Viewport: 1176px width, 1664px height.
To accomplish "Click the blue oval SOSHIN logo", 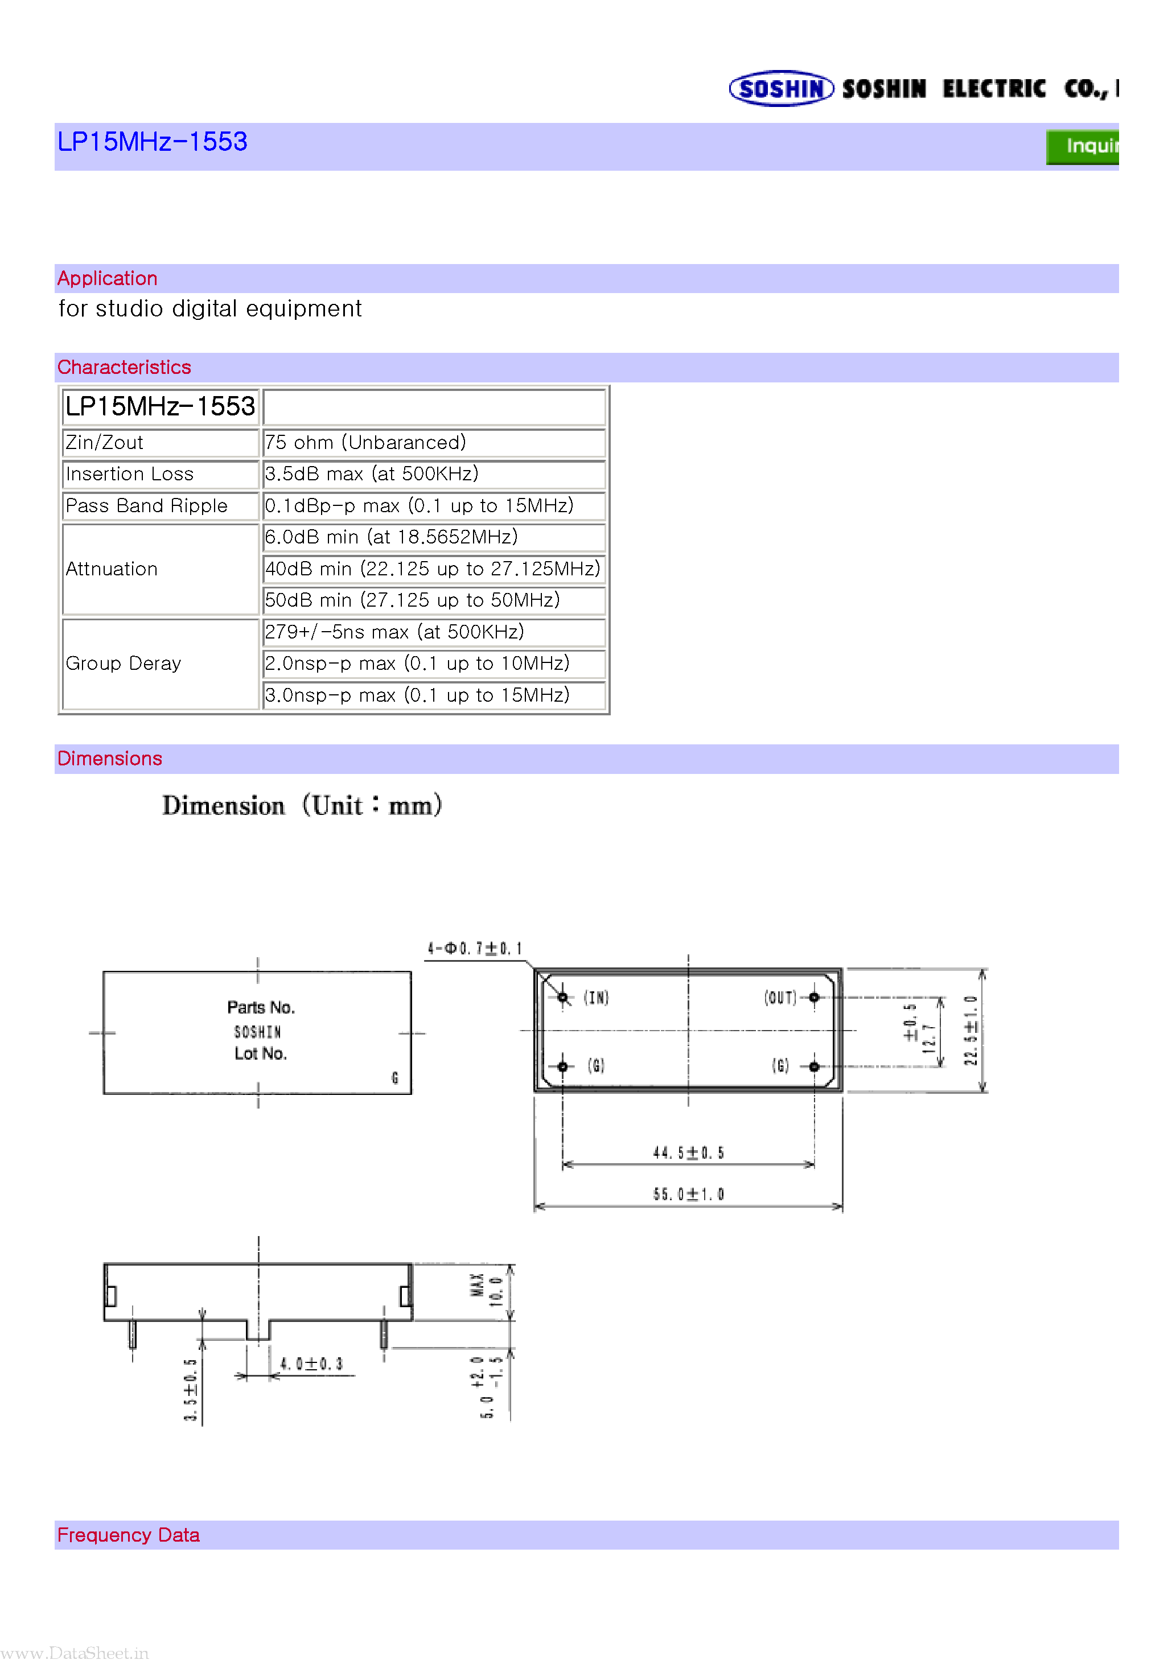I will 781,88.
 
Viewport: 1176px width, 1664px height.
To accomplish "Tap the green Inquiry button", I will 1083,146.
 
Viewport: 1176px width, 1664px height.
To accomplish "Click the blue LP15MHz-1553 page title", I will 152,141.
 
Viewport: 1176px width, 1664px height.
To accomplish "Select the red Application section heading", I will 108,278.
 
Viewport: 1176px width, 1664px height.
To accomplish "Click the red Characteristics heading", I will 124,368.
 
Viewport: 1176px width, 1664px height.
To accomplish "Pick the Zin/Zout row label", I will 104,443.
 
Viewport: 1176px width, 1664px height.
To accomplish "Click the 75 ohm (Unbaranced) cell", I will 365,443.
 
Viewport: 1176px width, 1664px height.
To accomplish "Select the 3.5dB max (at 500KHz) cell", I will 371,474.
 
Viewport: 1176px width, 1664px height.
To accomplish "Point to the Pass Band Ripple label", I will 146,506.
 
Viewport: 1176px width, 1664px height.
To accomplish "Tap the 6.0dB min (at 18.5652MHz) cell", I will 391,537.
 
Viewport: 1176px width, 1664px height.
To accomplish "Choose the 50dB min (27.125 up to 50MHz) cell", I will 412,600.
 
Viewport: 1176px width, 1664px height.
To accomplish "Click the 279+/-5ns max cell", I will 394,632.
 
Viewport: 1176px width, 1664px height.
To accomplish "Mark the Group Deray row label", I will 124,664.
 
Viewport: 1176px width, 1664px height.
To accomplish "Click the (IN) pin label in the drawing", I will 596,998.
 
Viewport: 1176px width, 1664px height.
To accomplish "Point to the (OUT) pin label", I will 780,998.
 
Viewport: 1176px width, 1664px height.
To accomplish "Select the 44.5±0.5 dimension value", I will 688,1153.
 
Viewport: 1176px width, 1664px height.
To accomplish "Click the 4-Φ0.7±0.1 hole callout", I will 475,949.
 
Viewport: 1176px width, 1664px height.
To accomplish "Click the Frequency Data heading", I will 128,1535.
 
